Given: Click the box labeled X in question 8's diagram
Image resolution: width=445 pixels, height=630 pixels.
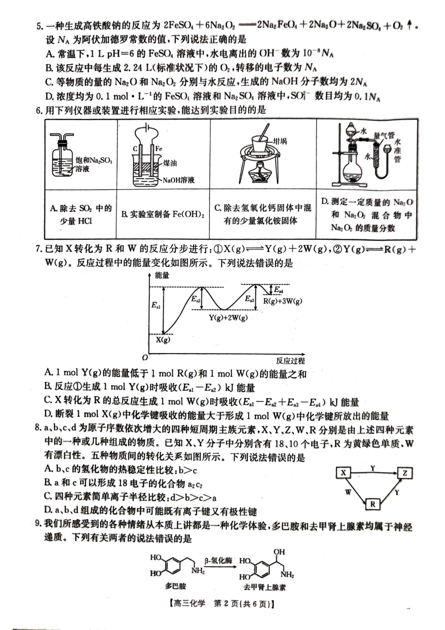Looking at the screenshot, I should tap(343, 473).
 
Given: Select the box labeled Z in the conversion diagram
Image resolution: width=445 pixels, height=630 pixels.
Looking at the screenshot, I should tap(405, 473).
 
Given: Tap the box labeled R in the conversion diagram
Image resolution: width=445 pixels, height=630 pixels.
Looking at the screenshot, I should tap(373, 504).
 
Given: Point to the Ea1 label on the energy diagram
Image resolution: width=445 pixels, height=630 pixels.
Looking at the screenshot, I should tap(156, 305).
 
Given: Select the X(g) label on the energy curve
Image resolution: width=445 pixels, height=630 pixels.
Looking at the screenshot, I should tap(163, 339).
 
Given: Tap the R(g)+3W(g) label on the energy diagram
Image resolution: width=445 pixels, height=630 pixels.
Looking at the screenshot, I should tap(282, 301).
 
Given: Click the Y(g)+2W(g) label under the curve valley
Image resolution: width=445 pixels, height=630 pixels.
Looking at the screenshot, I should tap(228, 318).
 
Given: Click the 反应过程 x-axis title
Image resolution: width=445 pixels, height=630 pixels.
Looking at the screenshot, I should tap(290, 361).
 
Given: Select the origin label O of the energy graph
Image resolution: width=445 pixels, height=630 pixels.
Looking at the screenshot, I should tap(145, 357).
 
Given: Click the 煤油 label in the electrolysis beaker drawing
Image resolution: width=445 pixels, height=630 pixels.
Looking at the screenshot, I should tap(170, 163).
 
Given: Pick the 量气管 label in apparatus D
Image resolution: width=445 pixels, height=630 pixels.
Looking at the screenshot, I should tap(384, 135).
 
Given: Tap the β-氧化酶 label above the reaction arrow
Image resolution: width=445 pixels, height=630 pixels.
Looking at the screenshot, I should tap(218, 561).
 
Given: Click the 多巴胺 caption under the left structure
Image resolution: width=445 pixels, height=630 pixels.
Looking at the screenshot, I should tap(176, 586).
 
